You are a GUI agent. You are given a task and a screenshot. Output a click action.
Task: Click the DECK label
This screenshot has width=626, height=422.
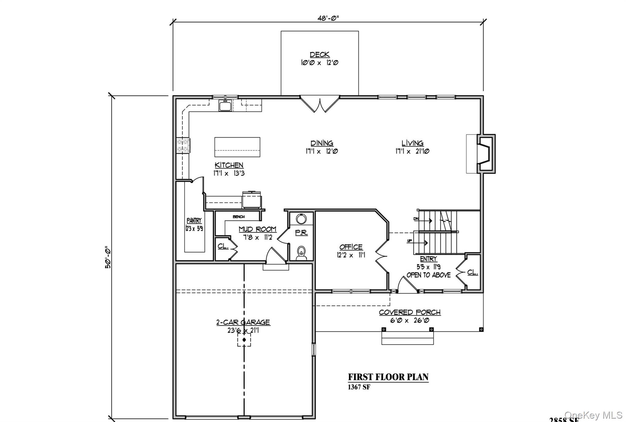click(319, 54)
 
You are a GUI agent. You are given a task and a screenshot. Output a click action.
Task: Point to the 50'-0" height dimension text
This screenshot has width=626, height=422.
click(108, 257)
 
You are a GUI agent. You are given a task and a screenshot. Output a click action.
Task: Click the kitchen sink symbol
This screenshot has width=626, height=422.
click(226, 105)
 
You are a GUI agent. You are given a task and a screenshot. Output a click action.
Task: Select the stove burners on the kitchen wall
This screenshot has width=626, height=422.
click(183, 145)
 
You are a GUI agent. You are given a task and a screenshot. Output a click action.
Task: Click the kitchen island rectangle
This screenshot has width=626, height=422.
click(237, 147)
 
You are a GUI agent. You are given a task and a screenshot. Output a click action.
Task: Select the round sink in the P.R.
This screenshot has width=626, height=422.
click(301, 219)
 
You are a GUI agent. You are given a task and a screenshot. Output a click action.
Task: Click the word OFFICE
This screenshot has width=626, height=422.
click(351, 247)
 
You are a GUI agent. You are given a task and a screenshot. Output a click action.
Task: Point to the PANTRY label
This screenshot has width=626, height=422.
click(194, 220)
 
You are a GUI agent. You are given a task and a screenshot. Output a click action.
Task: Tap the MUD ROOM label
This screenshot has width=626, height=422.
click(257, 229)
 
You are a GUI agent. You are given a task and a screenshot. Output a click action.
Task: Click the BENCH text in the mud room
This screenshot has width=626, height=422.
click(238, 217)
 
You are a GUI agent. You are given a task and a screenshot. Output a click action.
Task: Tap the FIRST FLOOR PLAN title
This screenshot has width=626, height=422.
click(388, 377)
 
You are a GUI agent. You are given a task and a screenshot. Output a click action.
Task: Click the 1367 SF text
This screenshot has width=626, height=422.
click(359, 387)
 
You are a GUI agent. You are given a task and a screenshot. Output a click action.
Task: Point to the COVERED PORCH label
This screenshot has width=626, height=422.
click(410, 312)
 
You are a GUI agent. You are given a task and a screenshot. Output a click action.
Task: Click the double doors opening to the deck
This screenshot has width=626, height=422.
click(320, 104)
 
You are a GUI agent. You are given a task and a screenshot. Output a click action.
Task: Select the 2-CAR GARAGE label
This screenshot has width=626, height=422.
click(243, 322)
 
